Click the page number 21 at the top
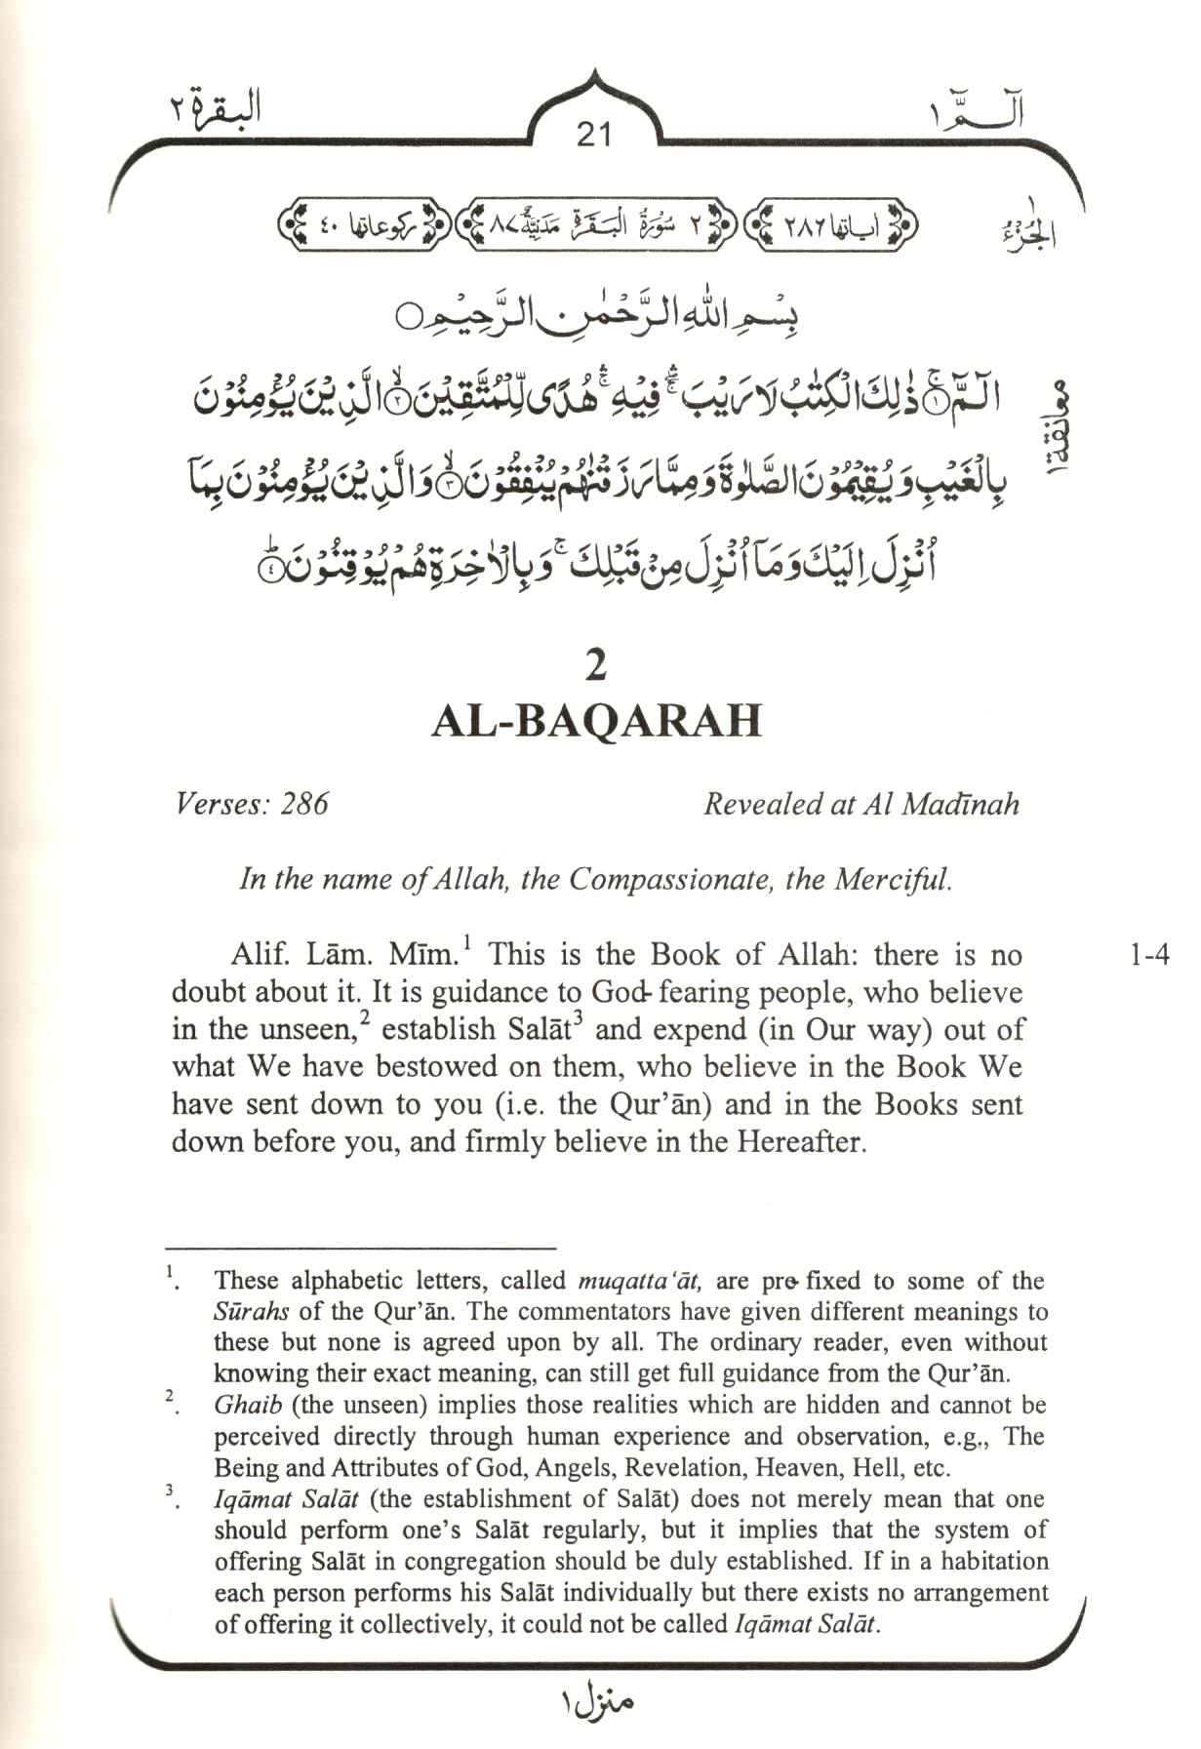click(593, 133)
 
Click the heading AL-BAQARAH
click(596, 722)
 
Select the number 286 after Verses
click(304, 804)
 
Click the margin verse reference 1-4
click(1149, 954)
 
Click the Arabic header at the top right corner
click(976, 114)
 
